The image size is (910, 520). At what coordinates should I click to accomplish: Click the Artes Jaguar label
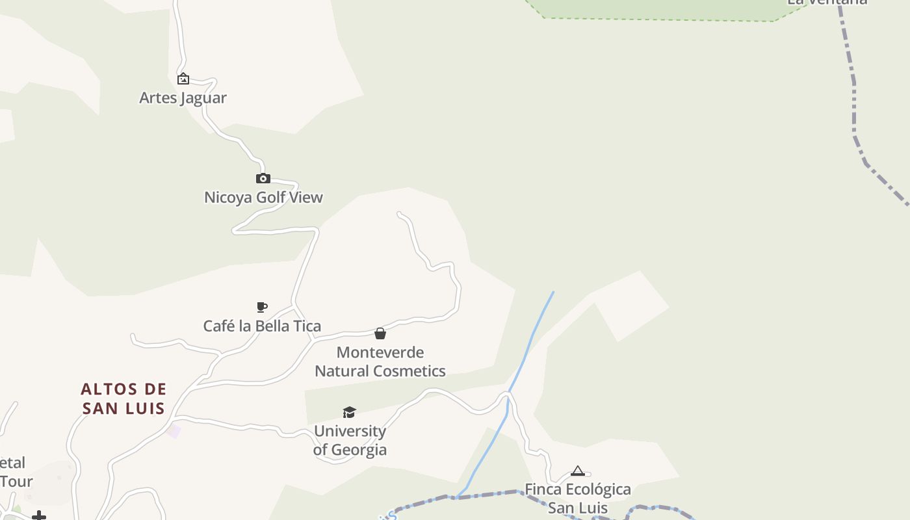pyautogui.click(x=183, y=98)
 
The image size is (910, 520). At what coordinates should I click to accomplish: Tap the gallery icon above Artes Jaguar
pyautogui.click(x=183, y=79)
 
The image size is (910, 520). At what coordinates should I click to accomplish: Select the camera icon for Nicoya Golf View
pyautogui.click(x=263, y=178)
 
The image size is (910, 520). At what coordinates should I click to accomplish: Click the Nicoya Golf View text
pyautogui.click(x=263, y=198)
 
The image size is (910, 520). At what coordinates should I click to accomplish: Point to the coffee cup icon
pyautogui.click(x=262, y=307)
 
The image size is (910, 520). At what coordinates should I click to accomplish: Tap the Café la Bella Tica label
pyautogui.click(x=262, y=326)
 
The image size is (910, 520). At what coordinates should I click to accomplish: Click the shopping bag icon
pyautogui.click(x=380, y=333)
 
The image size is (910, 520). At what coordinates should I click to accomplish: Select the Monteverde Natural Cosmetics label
pyautogui.click(x=380, y=362)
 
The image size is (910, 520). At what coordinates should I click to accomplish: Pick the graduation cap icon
pyautogui.click(x=350, y=412)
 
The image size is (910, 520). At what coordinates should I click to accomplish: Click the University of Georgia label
pyautogui.click(x=350, y=441)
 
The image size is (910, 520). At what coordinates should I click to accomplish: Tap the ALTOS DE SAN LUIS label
pyautogui.click(x=123, y=398)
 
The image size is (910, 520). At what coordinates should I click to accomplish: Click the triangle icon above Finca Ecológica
pyautogui.click(x=578, y=471)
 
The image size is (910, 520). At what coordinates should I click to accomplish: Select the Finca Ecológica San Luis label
pyautogui.click(x=578, y=499)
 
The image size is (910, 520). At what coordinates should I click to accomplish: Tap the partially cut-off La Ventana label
pyautogui.click(x=827, y=2)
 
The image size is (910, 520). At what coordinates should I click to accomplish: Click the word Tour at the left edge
pyautogui.click(x=16, y=482)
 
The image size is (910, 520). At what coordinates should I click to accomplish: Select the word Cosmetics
pyautogui.click(x=408, y=371)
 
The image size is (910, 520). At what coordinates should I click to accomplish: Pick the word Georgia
pyautogui.click(x=359, y=450)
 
